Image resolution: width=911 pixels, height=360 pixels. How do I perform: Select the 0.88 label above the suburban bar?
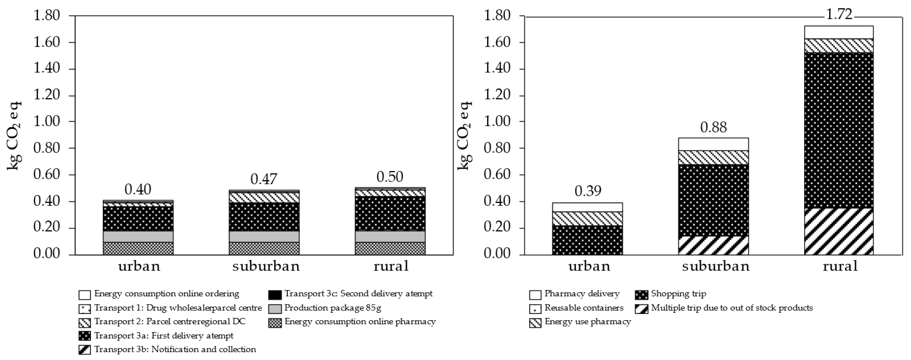tap(713, 127)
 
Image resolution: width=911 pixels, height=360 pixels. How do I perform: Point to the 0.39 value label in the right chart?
tap(588, 191)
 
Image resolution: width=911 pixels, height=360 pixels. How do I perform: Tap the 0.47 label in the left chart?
tap(264, 179)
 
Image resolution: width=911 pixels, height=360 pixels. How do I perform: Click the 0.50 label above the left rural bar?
tap(390, 177)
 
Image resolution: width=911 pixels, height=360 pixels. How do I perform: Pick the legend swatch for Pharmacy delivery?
tap(535, 295)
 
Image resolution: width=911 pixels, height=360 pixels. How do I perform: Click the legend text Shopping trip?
tap(678, 293)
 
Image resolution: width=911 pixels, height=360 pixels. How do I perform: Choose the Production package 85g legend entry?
tap(332, 308)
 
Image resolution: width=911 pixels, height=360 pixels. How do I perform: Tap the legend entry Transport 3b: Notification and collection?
tap(175, 349)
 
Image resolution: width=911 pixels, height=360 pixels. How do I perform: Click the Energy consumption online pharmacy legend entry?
tap(360, 322)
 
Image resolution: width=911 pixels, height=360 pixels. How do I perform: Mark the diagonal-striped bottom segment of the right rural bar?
tap(839, 232)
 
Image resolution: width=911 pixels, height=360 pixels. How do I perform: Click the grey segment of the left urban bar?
tap(138, 237)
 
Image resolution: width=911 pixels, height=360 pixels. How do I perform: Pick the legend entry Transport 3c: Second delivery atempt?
tap(358, 293)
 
